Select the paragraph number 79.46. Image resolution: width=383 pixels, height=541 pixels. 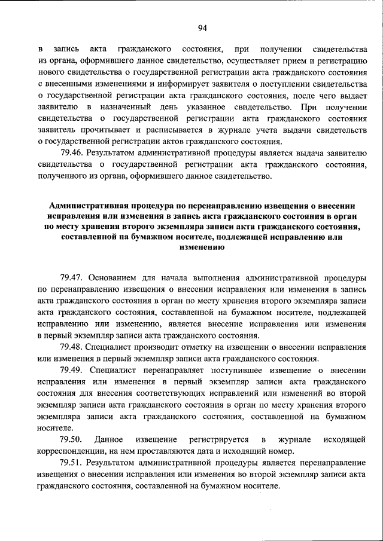coord(72,152)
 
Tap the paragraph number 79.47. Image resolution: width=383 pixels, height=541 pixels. coord(72,278)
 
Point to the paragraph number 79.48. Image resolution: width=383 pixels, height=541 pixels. coord(72,347)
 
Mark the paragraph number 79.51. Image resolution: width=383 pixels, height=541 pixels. coord(72,463)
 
